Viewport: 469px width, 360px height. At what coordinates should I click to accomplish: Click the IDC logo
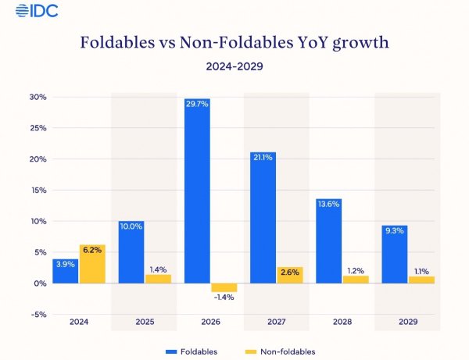(x=29, y=11)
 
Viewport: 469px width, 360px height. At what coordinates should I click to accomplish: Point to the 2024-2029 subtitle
(x=234, y=66)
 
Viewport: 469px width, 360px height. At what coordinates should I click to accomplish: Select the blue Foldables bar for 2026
(x=197, y=191)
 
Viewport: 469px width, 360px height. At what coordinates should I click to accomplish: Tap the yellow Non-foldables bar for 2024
(x=91, y=264)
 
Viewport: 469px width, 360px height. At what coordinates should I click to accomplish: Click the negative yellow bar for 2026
(x=224, y=287)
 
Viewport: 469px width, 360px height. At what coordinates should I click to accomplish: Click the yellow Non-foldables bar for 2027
(x=289, y=275)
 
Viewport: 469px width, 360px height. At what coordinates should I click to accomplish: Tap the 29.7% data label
(x=197, y=104)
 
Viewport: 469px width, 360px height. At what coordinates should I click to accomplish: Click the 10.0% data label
(x=131, y=226)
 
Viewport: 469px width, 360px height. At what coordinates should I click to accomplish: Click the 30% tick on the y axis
(x=38, y=97)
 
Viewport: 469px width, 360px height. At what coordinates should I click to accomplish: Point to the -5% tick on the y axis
(x=38, y=315)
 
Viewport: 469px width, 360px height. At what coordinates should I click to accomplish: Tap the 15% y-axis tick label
(x=38, y=191)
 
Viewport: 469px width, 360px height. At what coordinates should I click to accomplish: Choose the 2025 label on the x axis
(x=144, y=322)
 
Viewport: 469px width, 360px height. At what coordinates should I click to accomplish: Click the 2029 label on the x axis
(x=407, y=322)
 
